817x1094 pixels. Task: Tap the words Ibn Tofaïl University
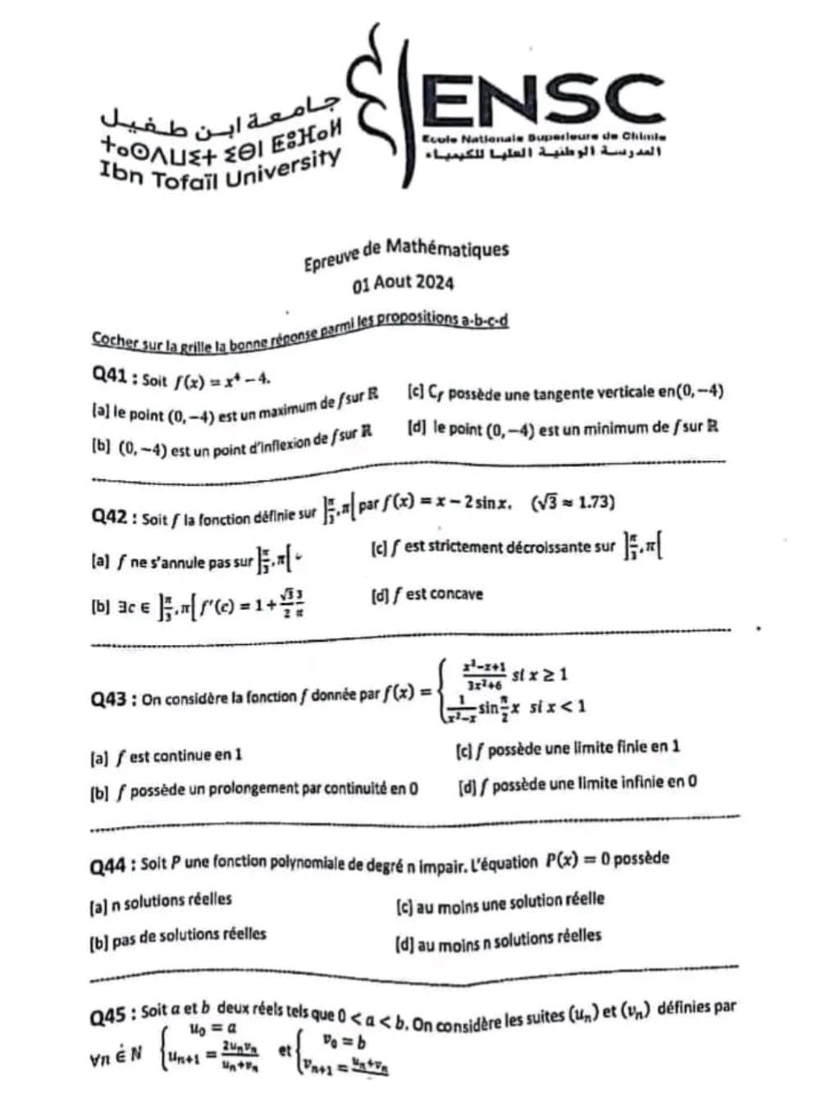(x=219, y=170)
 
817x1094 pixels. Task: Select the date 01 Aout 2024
(x=403, y=283)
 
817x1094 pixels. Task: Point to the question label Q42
(x=110, y=517)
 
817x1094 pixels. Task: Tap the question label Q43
(x=110, y=699)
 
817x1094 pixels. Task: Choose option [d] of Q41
(x=562, y=428)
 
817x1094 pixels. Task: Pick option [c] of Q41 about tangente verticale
(x=564, y=393)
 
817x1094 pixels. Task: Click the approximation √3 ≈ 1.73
(x=573, y=502)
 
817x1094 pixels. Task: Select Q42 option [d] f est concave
(x=427, y=594)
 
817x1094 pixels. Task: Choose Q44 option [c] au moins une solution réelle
(x=500, y=902)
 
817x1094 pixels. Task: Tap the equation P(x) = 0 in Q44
(x=576, y=861)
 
